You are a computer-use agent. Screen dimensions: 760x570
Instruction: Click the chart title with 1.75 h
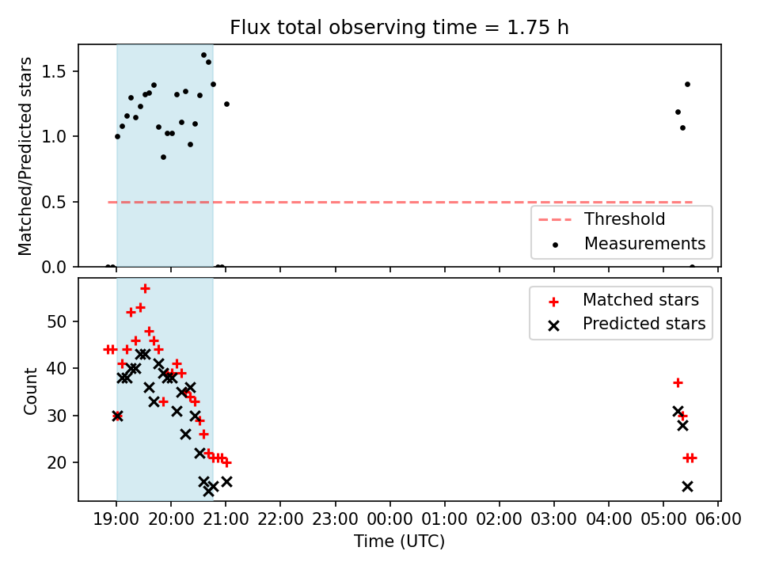point(399,28)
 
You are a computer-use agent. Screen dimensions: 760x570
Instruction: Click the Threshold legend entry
point(602,219)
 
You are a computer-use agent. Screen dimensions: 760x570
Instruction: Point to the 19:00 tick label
point(116,519)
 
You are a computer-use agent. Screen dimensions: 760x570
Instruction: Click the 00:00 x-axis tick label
point(389,519)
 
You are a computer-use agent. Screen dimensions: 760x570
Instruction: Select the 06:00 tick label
point(718,519)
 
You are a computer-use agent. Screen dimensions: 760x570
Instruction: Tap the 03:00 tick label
point(553,519)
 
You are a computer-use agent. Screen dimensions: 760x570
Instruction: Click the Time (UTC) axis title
point(399,541)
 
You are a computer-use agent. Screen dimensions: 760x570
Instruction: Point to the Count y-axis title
point(31,391)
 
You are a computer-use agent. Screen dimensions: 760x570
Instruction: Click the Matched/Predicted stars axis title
point(25,156)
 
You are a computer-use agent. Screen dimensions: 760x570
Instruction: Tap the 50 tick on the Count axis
point(57,321)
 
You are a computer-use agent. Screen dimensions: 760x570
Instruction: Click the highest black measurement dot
point(203,55)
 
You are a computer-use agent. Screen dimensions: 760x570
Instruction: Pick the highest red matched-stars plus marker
point(145,289)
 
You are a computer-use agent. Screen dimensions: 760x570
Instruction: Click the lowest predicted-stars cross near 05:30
point(687,486)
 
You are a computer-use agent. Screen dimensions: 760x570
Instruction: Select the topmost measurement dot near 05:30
point(687,85)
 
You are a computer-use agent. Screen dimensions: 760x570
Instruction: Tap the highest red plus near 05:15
point(678,383)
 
